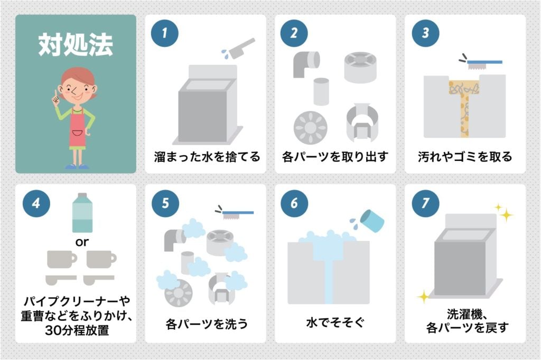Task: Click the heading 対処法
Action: (75, 46)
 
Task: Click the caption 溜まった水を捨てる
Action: (207, 157)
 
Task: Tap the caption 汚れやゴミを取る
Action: (465, 157)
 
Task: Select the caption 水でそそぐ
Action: (335, 323)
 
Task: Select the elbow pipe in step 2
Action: (306, 63)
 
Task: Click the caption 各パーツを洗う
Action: (207, 323)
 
